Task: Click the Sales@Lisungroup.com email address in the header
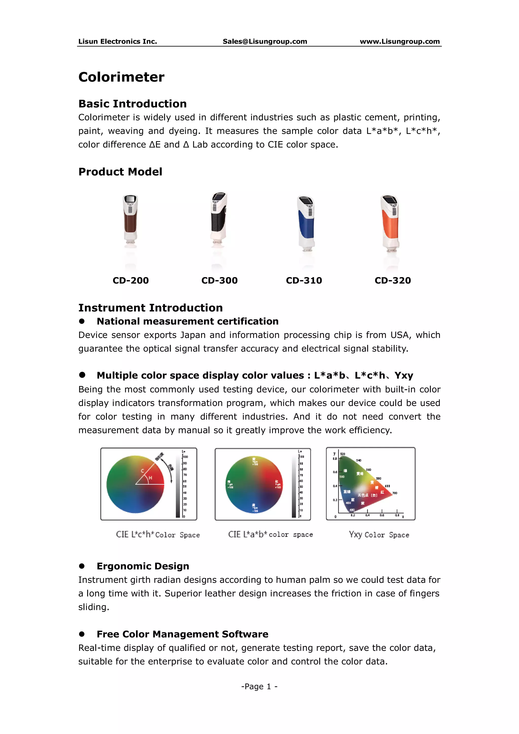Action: [265, 42]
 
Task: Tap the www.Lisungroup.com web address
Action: [399, 42]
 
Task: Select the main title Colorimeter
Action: [121, 77]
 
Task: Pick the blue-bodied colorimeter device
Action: [306, 224]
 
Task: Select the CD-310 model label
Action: [304, 280]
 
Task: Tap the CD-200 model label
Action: [131, 280]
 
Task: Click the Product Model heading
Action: [120, 172]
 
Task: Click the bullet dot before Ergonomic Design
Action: [82, 566]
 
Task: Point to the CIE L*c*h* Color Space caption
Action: [158, 534]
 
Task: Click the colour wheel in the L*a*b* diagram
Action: [254, 484]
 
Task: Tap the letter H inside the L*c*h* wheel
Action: [151, 478]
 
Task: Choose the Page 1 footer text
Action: [259, 686]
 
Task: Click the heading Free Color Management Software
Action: [182, 634]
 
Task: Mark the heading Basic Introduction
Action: [133, 104]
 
